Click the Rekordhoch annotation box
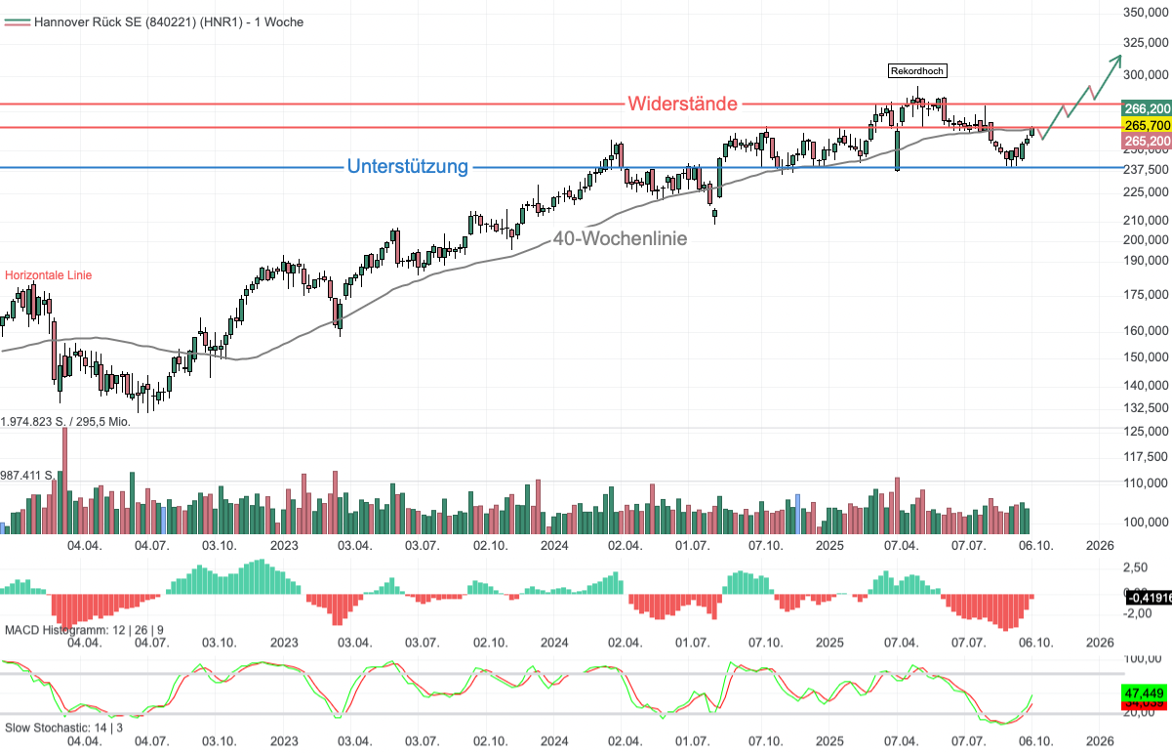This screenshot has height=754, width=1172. pos(917,70)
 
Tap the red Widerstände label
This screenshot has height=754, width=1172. pos(682,104)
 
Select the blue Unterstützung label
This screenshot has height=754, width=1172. pos(407,167)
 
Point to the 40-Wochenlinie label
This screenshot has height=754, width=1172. pos(620,238)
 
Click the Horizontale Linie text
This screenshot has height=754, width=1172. pos(49,275)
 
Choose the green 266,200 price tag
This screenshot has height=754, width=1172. pos(1147,108)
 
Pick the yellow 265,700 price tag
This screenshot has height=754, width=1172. pos(1147,125)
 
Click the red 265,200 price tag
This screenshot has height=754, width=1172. pos(1147,142)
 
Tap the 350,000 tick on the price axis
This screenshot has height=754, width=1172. pos(1147,13)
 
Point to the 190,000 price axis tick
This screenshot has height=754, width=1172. pos(1147,260)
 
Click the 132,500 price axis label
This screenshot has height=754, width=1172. pos(1147,408)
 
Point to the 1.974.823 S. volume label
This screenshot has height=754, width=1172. pos(65,422)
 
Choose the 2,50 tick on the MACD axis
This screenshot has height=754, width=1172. pos(1137,567)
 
